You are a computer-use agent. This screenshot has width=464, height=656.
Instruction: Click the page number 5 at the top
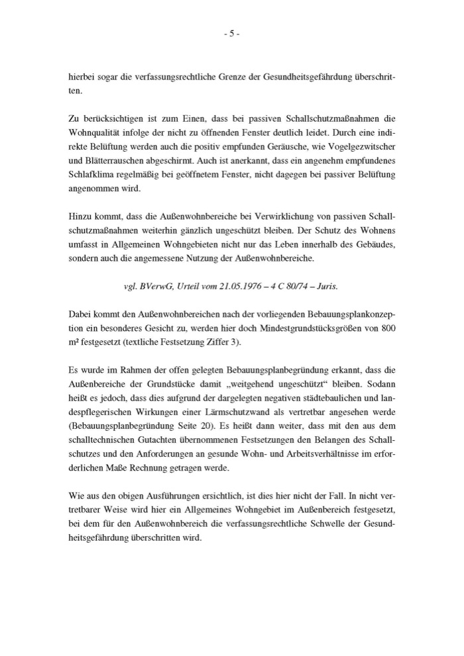coord(232,35)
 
